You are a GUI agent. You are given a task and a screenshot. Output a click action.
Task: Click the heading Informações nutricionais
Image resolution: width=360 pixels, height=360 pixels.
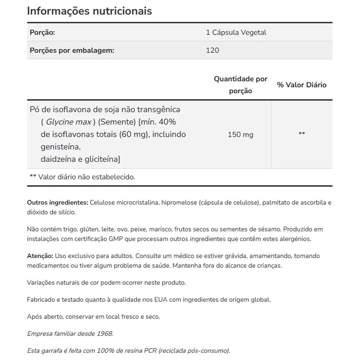pos(89,11)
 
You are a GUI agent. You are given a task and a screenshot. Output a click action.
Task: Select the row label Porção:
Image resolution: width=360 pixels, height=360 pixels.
pos(42,32)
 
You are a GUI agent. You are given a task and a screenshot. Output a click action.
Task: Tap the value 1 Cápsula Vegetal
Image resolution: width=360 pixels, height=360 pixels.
pos(236,32)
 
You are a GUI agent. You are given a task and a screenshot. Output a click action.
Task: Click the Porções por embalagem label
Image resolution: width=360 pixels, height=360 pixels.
pos(72,50)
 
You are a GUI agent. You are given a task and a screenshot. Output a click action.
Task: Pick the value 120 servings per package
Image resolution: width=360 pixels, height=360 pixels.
pos(212,50)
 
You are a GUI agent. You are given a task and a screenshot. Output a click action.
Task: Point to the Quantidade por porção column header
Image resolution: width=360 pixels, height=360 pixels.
pos(240,85)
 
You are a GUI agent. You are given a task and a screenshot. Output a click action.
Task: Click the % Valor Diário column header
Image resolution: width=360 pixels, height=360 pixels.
pos(302,85)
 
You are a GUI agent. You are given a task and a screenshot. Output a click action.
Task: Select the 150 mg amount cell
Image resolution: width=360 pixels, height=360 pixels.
pos(240,135)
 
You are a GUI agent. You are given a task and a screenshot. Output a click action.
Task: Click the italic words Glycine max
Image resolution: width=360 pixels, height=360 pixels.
pos(68,122)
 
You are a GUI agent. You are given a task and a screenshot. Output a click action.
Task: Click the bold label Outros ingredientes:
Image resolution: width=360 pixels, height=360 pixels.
pos(57,203)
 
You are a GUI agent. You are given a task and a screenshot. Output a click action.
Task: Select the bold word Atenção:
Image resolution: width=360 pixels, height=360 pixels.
pos(40,256)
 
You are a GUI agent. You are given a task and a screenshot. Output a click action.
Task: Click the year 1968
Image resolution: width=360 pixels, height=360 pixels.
pos(105,334)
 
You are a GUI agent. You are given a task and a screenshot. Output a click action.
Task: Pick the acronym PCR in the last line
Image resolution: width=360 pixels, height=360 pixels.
pos(149,351)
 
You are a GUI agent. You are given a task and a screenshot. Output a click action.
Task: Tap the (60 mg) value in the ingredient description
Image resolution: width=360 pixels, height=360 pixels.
pos(132,135)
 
